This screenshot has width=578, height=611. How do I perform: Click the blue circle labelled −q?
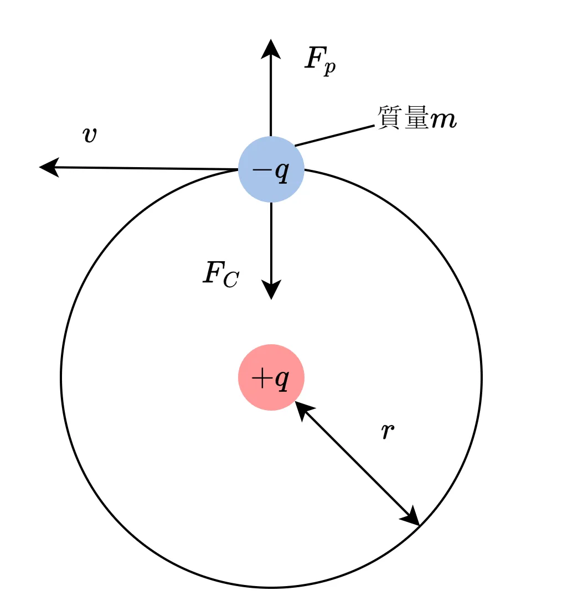(271, 169)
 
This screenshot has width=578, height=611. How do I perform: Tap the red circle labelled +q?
(271, 377)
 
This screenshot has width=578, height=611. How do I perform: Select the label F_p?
(320, 61)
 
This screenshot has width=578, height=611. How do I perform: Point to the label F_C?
(221, 275)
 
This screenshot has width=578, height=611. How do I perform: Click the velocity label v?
(90, 135)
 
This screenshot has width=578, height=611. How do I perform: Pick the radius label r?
(388, 431)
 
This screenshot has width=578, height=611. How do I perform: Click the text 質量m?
(417, 117)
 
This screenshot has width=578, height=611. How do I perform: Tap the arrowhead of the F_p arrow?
(271, 49)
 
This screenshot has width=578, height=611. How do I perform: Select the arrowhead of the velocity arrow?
(49, 167)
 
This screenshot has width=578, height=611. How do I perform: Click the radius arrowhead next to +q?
(303, 410)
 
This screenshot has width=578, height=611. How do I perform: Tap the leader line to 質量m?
(334, 136)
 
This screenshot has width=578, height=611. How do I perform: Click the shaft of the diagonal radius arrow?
(357, 464)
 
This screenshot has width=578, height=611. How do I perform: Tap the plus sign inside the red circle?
(261, 378)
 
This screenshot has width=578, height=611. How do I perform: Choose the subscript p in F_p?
(330, 68)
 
